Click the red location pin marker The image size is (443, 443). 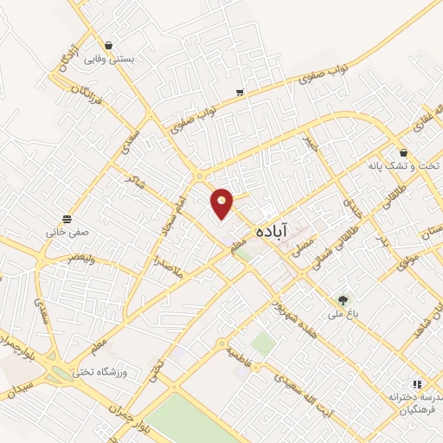click(x=222, y=203)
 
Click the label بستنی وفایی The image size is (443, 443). click(x=107, y=61)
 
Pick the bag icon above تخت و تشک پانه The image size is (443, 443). click(x=404, y=152)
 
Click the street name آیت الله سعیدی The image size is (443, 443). click(x=302, y=389)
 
